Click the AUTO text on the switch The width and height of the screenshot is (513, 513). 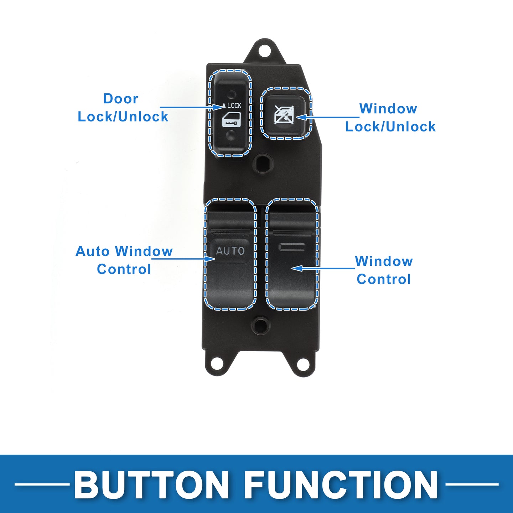[x=230, y=251]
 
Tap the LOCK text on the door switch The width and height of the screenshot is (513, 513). [x=234, y=106]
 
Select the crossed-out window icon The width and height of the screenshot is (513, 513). [x=284, y=115]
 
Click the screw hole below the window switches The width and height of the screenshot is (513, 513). [x=260, y=325]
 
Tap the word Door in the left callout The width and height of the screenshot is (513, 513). [x=121, y=99]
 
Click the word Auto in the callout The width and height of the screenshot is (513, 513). [x=92, y=251]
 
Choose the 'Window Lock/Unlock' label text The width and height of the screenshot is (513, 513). [x=390, y=118]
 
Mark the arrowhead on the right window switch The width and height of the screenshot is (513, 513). [x=297, y=268]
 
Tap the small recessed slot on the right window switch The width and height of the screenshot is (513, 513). [x=292, y=247]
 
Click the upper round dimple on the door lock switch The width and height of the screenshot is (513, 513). [x=232, y=94]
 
